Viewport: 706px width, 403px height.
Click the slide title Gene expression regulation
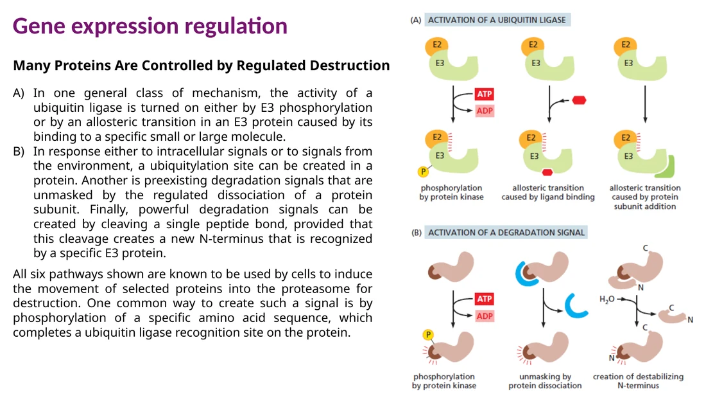click(150, 26)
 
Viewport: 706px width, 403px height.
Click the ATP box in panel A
click(485, 94)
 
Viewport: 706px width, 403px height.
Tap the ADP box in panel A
click(485, 111)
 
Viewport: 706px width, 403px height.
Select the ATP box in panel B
click(485, 299)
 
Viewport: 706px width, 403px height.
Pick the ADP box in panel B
click(485, 316)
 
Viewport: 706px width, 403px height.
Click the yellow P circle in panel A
click(423, 172)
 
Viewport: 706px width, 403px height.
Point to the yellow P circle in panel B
click(427, 334)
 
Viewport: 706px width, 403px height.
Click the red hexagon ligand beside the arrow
click(579, 100)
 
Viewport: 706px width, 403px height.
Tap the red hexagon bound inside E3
click(547, 172)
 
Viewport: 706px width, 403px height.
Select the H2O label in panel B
click(607, 300)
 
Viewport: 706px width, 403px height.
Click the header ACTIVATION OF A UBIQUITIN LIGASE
click(497, 20)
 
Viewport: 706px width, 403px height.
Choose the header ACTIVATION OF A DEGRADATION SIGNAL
click(506, 233)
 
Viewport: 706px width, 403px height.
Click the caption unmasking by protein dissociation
click(545, 381)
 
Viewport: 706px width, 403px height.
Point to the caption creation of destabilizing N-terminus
click(638, 381)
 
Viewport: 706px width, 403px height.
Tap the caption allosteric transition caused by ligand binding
click(548, 192)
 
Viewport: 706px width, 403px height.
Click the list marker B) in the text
click(19, 152)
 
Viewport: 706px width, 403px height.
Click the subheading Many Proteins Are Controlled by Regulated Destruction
click(202, 66)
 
